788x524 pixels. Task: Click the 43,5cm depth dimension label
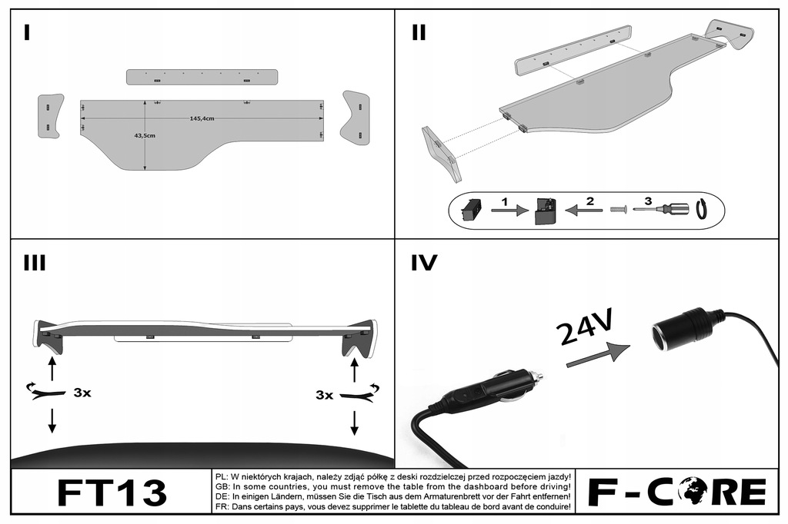click(x=145, y=135)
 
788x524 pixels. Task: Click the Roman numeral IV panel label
click(x=424, y=264)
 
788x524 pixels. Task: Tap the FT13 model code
click(x=111, y=492)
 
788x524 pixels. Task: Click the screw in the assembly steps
click(x=619, y=209)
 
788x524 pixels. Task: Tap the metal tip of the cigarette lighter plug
click(x=536, y=376)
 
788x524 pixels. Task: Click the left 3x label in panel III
click(x=82, y=393)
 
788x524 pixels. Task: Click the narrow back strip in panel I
click(x=202, y=77)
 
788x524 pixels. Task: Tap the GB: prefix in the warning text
click(x=220, y=486)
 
